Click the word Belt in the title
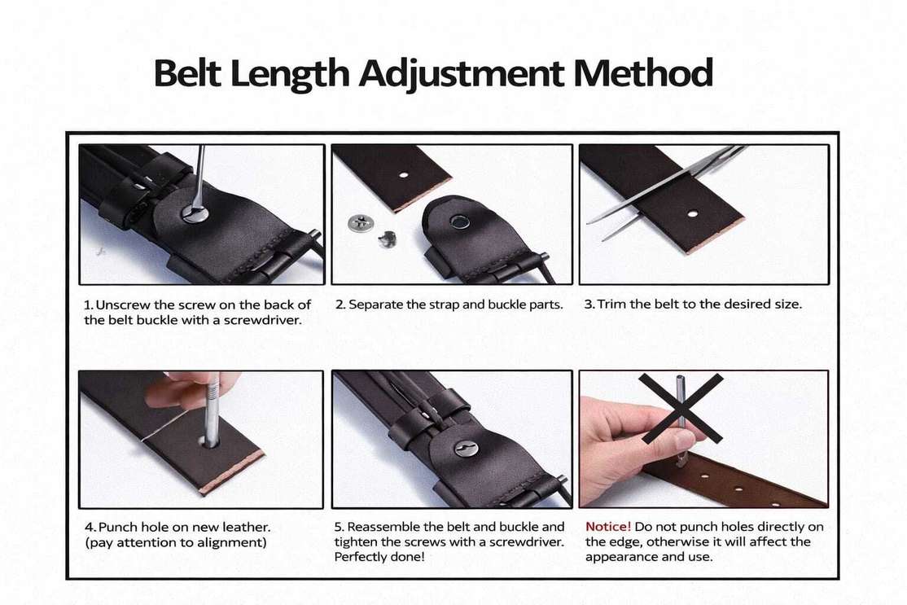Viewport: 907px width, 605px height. point(186,73)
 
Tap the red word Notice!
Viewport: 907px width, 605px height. point(608,526)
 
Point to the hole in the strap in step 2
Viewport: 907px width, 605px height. point(404,175)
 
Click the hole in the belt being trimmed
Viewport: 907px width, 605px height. point(692,213)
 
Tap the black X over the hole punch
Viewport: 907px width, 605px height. point(681,408)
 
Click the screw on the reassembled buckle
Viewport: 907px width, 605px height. point(467,448)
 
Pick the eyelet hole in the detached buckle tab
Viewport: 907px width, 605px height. point(461,221)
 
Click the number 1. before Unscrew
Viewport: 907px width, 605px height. point(89,305)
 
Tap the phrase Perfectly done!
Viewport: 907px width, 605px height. point(379,556)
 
